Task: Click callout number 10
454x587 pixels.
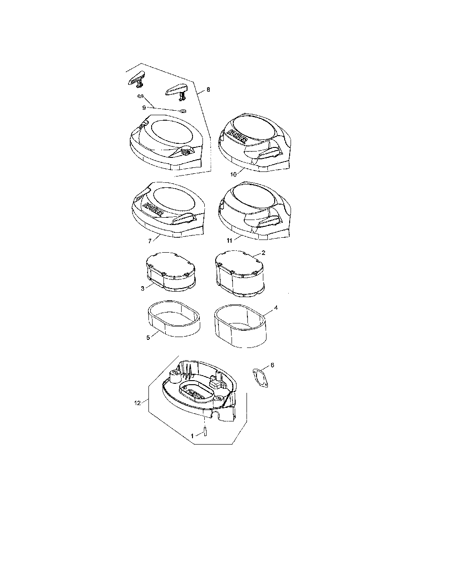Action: (x=233, y=174)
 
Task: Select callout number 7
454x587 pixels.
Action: (x=150, y=241)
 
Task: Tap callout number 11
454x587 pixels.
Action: (x=229, y=240)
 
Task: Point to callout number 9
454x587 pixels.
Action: (x=144, y=108)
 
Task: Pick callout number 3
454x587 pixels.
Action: (x=143, y=289)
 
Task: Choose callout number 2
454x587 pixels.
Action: (x=263, y=253)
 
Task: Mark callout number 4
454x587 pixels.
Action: (x=276, y=308)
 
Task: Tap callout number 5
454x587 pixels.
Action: (x=148, y=338)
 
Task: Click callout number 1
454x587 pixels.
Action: (x=192, y=436)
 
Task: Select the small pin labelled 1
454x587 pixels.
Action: (x=205, y=431)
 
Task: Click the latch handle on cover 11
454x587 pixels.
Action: (x=269, y=219)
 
